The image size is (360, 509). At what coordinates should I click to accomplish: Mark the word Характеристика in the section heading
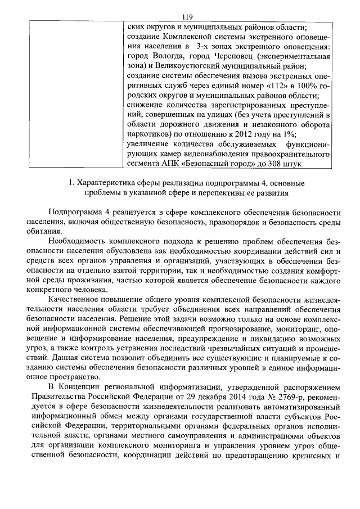click(x=107, y=183)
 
